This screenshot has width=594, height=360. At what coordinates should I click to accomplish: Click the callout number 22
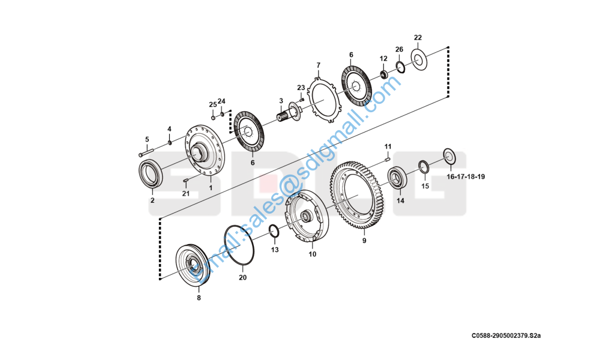coord(418,38)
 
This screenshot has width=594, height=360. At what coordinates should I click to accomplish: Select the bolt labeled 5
coord(146,152)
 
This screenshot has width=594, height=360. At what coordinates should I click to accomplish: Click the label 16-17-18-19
coord(466,176)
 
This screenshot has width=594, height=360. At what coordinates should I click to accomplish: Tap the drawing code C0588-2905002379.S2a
coord(506,336)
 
